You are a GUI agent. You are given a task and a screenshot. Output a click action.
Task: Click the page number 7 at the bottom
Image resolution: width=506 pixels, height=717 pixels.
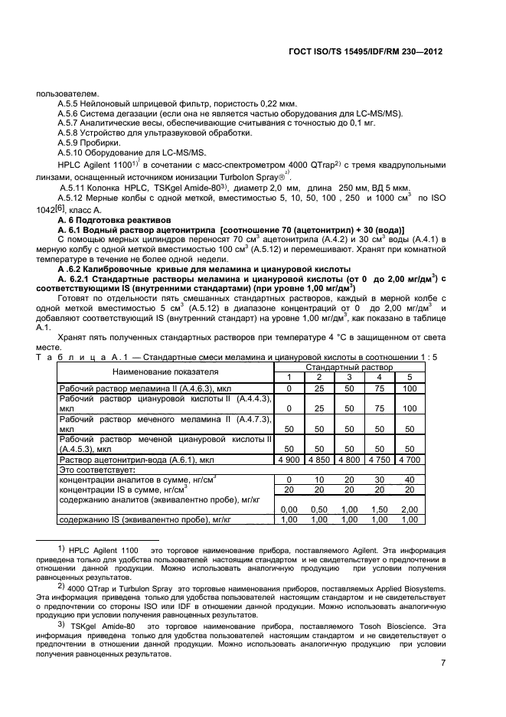click(442, 663)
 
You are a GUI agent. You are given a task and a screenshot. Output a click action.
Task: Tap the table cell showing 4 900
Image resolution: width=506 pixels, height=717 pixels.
click(289, 460)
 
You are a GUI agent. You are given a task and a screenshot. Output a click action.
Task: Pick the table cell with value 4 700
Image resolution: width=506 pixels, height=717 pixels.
click(410, 460)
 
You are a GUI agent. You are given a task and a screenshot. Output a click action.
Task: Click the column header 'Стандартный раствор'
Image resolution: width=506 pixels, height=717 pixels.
click(349, 368)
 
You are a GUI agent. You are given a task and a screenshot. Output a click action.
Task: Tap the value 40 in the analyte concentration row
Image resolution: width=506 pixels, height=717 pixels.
click(410, 479)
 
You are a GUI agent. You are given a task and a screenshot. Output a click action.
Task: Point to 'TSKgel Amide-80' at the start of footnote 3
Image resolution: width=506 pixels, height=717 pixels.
click(99, 625)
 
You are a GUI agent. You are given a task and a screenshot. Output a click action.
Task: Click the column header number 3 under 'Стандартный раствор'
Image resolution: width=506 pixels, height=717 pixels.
click(349, 377)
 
